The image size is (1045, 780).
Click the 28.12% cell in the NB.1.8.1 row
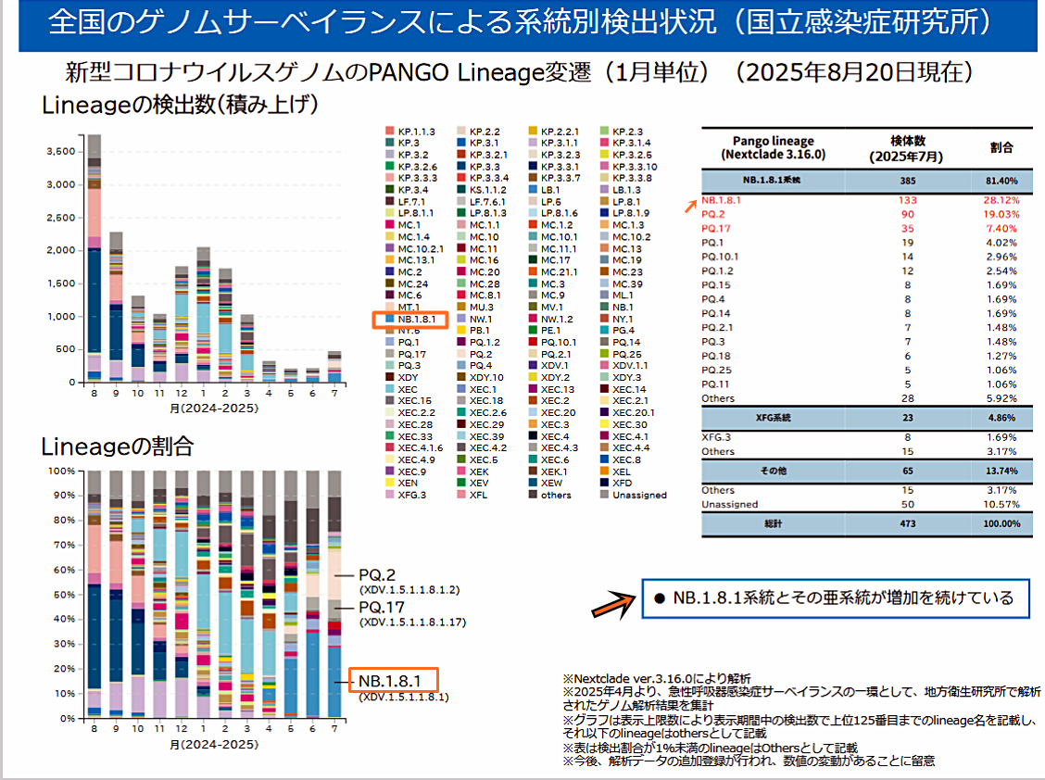tap(1001, 198)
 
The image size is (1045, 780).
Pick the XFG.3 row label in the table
tap(717, 437)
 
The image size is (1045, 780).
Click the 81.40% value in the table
tap(1001, 180)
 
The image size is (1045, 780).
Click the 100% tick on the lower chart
tap(60, 471)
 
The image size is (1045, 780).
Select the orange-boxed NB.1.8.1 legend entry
tap(409, 320)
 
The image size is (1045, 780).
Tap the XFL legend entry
tap(478, 495)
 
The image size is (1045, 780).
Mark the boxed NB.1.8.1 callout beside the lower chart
tap(392, 681)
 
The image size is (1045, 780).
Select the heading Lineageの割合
tap(118, 447)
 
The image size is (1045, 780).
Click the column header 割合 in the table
tap(1001, 147)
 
